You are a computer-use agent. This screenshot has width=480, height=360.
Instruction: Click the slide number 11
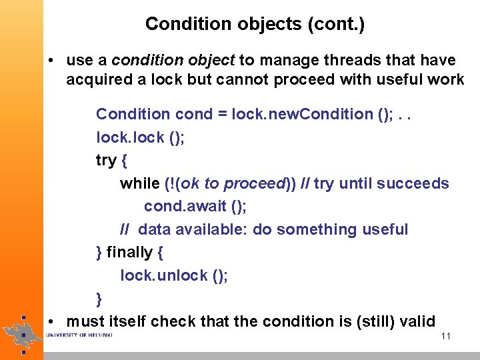pos(446,336)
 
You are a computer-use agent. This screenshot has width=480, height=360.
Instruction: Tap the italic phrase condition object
pos(173,61)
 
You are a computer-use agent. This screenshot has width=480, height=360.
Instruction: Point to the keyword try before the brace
pos(106,160)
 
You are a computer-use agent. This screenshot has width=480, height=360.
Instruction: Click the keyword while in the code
pos(139,183)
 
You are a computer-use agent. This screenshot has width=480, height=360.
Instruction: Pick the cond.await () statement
pos(195,207)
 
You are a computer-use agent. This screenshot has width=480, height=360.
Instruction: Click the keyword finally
pos(129,253)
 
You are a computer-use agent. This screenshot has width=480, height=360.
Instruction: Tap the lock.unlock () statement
pos(174,275)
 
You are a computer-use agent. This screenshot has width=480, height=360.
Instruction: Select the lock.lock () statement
pos(140,137)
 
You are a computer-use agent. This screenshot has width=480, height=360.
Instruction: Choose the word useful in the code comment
pos(385,229)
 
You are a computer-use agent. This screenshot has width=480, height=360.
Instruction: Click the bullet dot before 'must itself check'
pos(51,321)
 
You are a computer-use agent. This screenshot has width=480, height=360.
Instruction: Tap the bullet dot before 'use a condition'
pos(51,61)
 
